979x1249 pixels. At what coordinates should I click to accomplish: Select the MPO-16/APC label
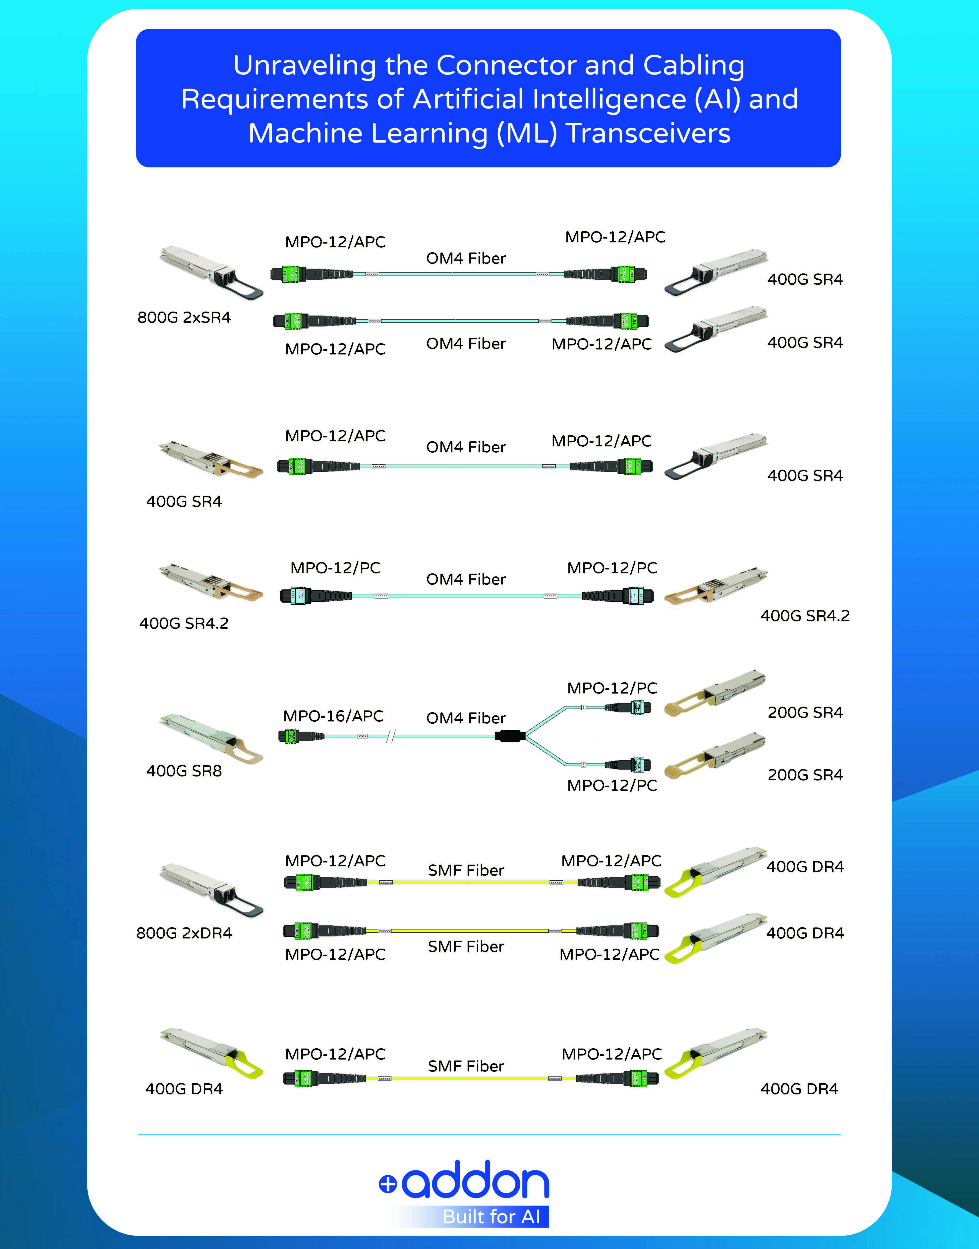click(333, 716)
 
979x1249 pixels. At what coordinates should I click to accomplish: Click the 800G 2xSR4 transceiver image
click(211, 272)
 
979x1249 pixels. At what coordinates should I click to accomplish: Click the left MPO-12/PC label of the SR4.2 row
click(335, 568)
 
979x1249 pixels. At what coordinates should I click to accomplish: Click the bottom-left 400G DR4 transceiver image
click(211, 1054)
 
